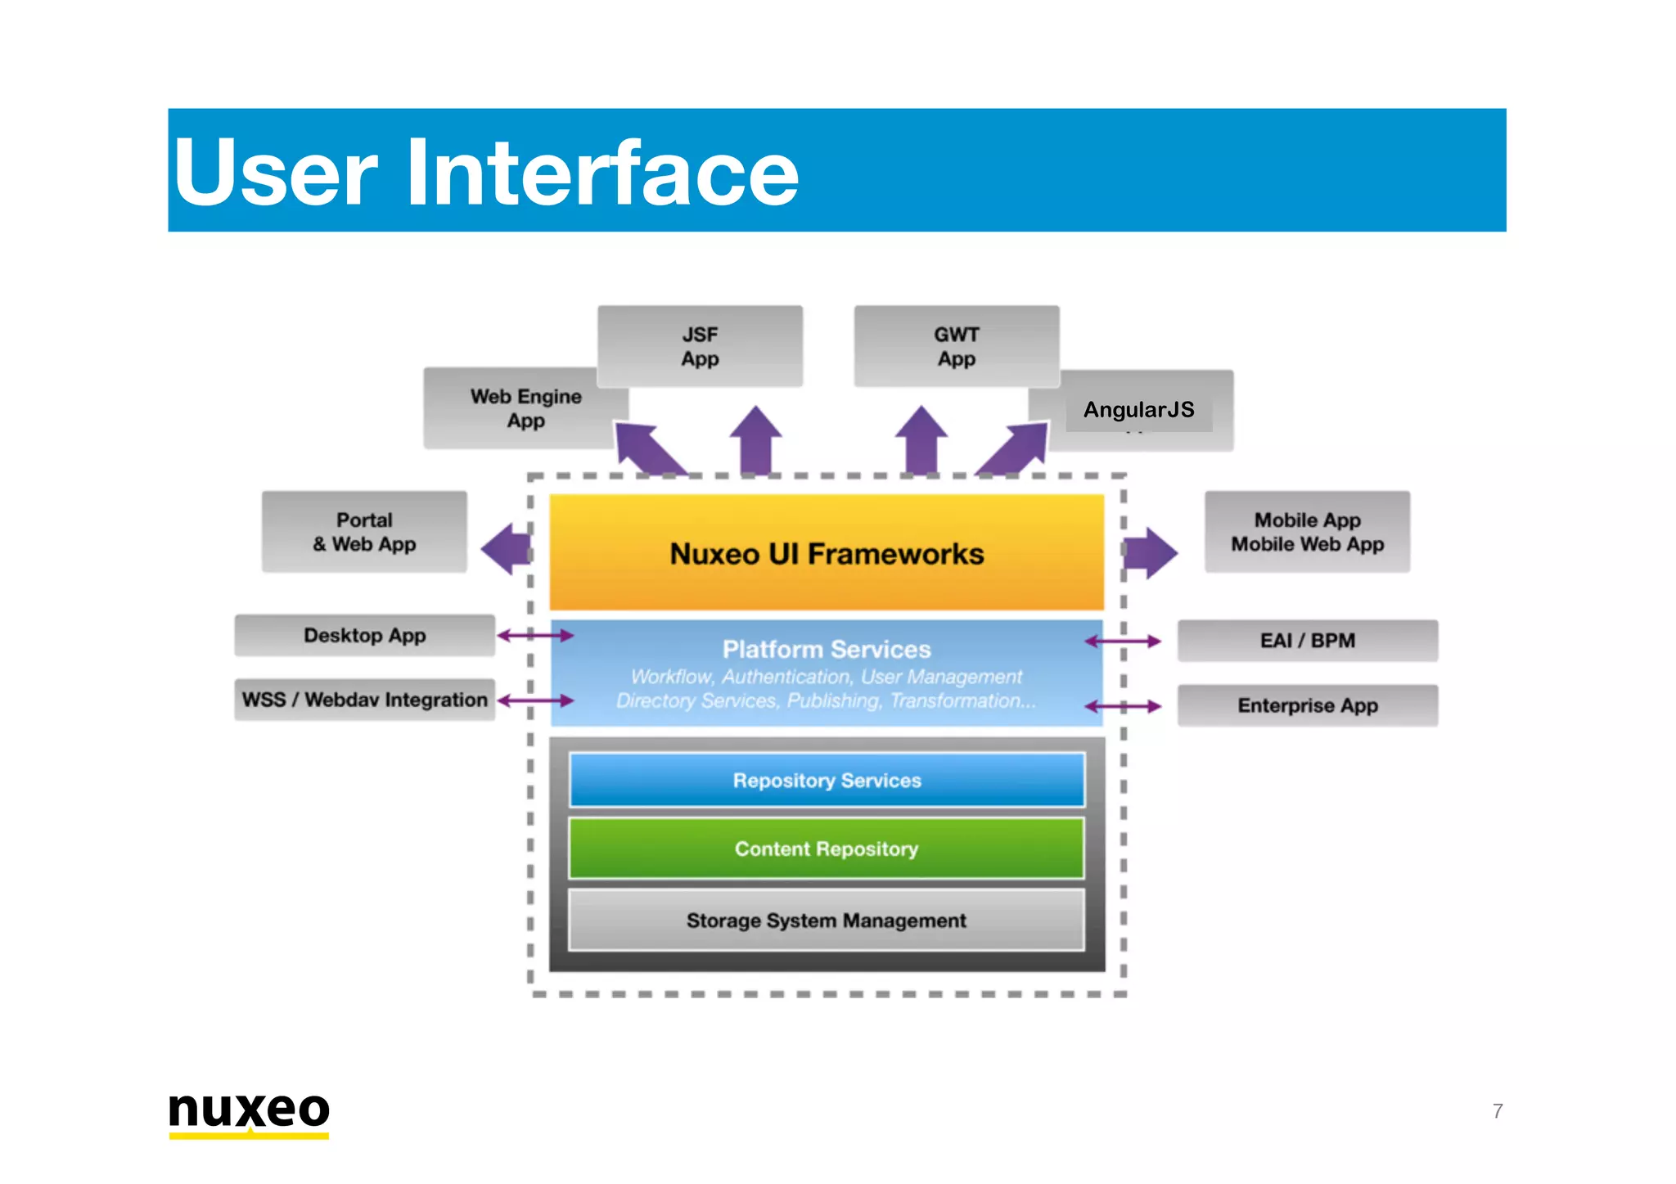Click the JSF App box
700,346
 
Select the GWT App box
956,346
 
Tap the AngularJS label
1138,410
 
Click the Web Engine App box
525,408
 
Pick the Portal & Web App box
364,532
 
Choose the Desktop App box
364,636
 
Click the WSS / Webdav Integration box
364,700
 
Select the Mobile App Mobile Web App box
1307,532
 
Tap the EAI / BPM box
1307,641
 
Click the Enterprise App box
1307,705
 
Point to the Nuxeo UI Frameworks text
827,554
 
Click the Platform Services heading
827,650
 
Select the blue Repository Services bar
827,781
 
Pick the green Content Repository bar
827,849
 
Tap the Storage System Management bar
827,921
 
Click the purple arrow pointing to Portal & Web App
506,549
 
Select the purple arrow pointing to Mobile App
1150,553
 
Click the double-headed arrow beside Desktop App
536,636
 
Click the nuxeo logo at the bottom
249,1113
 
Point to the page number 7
1497,1111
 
